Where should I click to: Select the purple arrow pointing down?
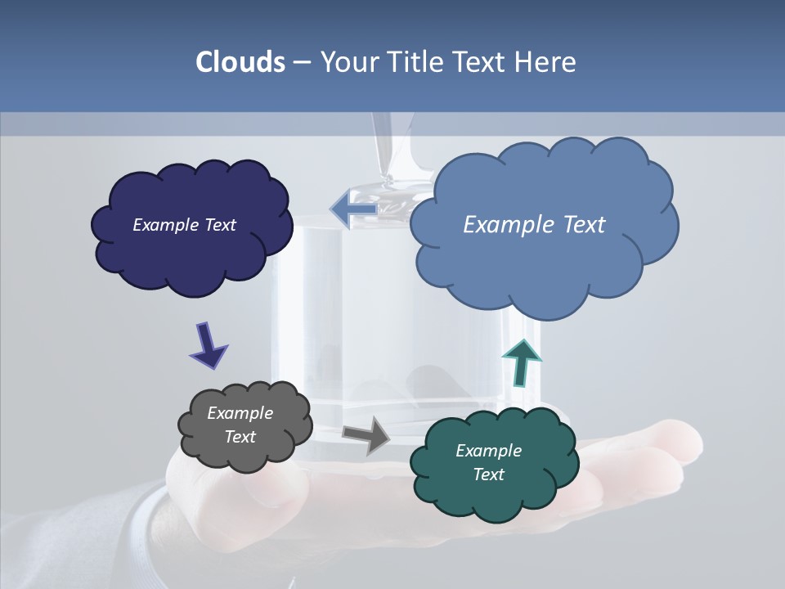(208, 344)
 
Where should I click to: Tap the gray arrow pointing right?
(367, 434)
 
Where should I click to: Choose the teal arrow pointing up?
(521, 361)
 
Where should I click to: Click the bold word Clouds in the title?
(240, 62)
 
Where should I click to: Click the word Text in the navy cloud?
(220, 225)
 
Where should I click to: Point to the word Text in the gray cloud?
(240, 437)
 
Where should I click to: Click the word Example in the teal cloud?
(488, 451)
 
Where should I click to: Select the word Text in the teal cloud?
(488, 474)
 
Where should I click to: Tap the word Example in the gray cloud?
(240, 413)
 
